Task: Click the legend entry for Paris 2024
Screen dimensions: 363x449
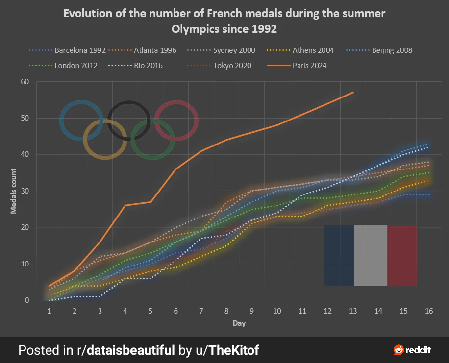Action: [309, 65]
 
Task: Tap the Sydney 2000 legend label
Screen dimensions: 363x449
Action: [233, 50]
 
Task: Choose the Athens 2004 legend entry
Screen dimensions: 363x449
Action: [313, 50]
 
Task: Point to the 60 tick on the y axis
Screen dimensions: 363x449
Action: [25, 82]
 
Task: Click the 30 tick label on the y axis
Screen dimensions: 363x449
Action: [25, 191]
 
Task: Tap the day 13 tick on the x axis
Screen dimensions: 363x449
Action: [353, 311]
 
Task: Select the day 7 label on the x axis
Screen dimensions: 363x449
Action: [201, 311]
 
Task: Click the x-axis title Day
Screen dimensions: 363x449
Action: [239, 323]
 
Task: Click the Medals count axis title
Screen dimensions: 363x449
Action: [14, 191]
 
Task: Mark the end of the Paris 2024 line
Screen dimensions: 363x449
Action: [353, 92]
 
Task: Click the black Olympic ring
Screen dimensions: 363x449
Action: [129, 104]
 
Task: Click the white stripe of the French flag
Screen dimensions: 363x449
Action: [371, 255]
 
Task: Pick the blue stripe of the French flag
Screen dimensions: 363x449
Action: [339, 255]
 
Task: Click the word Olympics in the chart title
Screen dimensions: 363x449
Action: [194, 29]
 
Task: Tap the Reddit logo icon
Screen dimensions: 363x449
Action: [399, 350]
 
